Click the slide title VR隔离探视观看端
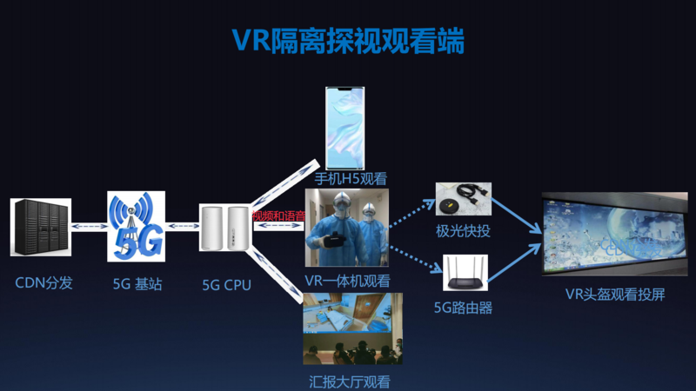pos(348,40)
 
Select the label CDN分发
pos(43,283)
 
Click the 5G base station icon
pos(135,226)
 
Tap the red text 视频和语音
pos(278,215)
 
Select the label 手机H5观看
pos(351,179)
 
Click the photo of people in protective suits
pos(347,228)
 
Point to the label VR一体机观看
pos(347,281)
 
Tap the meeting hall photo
pos(352,328)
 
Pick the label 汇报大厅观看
pos(346,381)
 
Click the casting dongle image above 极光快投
pos(464,200)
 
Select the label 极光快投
pos(464,231)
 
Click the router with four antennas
pos(463,273)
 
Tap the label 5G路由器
pos(463,307)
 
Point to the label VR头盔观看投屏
pos(615,294)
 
